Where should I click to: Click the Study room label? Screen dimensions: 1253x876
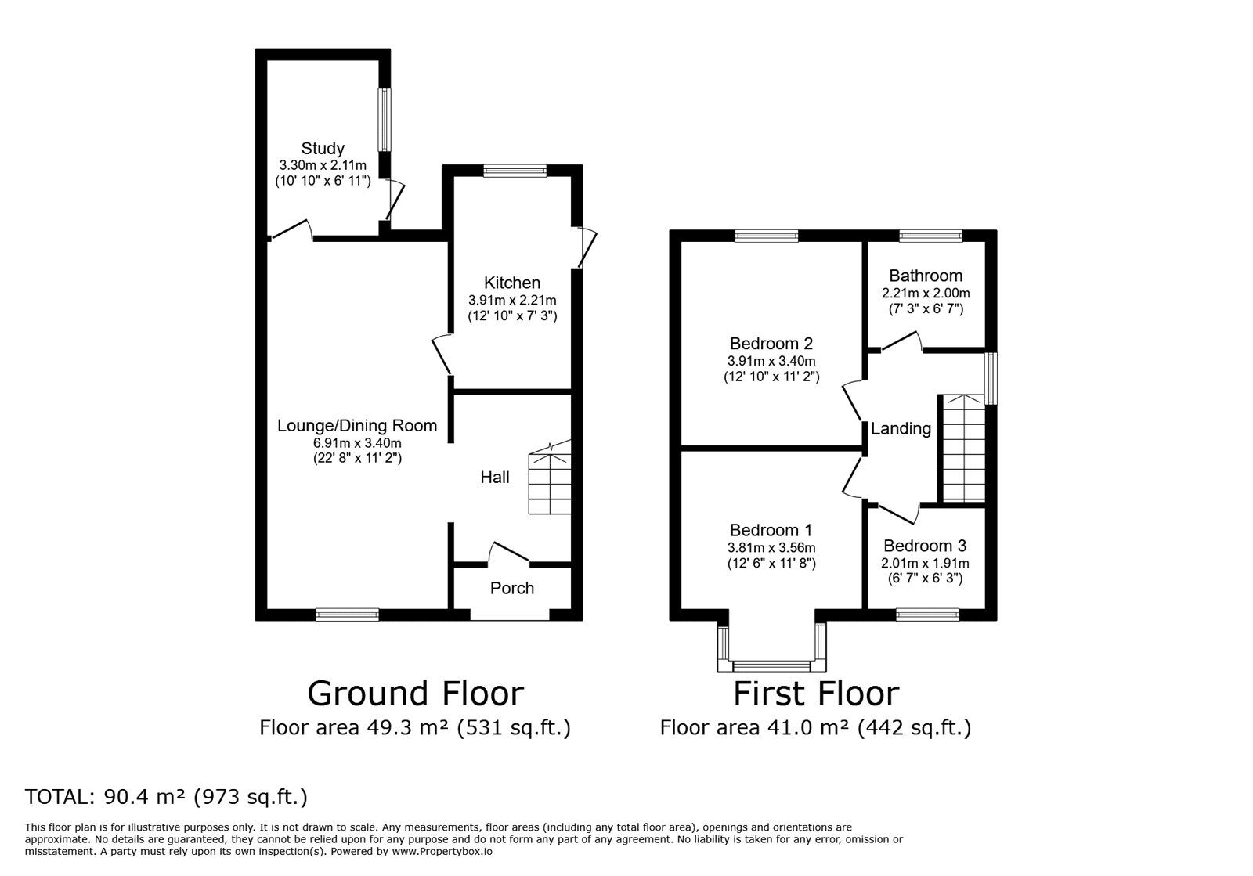323,148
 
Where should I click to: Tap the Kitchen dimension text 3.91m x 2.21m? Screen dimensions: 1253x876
512,300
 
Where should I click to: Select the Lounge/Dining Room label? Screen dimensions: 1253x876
357,425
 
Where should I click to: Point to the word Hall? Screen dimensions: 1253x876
495,477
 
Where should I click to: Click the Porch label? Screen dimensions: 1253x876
512,588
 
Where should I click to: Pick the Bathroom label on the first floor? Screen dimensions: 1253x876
926,276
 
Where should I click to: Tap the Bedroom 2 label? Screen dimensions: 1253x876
771,343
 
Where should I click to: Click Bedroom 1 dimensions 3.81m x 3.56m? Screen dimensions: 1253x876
771,548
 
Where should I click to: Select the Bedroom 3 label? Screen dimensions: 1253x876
925,546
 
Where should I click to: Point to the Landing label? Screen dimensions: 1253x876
901,429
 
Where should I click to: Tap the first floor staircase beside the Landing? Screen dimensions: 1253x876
964,448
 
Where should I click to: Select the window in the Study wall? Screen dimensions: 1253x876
385,120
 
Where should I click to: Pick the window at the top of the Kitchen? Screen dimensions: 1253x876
515,171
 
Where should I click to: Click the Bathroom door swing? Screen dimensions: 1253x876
901,341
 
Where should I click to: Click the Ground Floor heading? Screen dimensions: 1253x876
416,693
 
